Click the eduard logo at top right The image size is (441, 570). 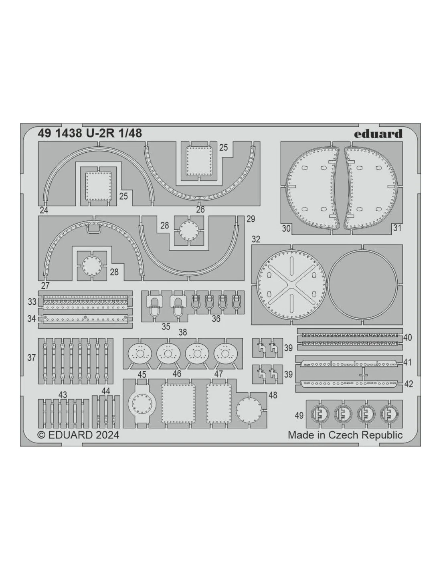378,134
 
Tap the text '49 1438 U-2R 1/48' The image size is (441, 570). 90,133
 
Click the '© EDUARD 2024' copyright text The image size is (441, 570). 79,435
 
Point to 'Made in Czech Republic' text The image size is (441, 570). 345,435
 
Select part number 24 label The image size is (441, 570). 44,210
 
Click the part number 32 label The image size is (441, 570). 256,239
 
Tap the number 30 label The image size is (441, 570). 286,228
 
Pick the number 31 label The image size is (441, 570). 397,228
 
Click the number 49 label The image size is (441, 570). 299,416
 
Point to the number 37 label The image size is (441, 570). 32,358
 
